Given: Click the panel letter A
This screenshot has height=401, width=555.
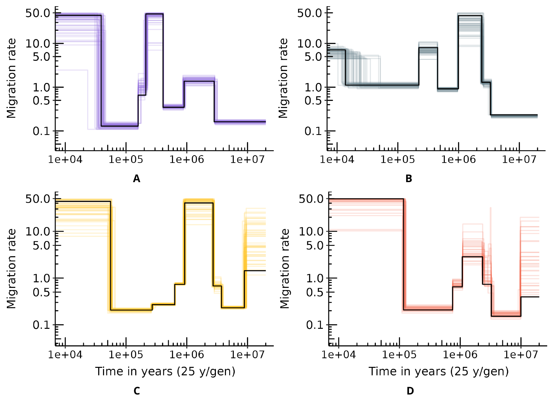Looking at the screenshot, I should [x=137, y=179].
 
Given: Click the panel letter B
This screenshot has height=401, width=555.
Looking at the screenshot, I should [x=409, y=179].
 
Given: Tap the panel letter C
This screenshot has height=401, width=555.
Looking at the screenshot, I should [x=137, y=391].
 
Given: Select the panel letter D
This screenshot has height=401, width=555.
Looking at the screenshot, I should [x=410, y=391].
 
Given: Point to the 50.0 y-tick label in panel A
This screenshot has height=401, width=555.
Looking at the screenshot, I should [x=38, y=13].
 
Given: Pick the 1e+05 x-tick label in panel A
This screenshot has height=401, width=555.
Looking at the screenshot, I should [x=126, y=159].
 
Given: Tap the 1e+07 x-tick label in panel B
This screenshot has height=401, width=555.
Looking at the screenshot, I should [x=519, y=159].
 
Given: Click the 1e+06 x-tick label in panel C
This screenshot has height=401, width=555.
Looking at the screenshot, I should [x=187, y=354].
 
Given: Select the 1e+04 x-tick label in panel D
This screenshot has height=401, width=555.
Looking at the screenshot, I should [x=338, y=354].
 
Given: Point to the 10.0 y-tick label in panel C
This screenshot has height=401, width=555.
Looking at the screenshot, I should [x=38, y=232].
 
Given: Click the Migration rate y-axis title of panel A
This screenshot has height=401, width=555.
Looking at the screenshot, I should [x=12, y=78].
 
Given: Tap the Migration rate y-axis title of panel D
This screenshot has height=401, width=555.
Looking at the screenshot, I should [x=285, y=269].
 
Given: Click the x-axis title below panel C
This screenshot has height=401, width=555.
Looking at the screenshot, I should [x=165, y=371].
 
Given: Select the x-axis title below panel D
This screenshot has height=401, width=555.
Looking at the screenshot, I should [x=439, y=371].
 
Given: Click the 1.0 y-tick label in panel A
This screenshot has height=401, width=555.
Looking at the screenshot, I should [x=42, y=87].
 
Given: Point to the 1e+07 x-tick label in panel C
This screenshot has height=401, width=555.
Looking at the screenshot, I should [x=247, y=354].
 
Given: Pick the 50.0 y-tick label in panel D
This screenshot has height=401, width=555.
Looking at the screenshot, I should [x=311, y=199].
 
